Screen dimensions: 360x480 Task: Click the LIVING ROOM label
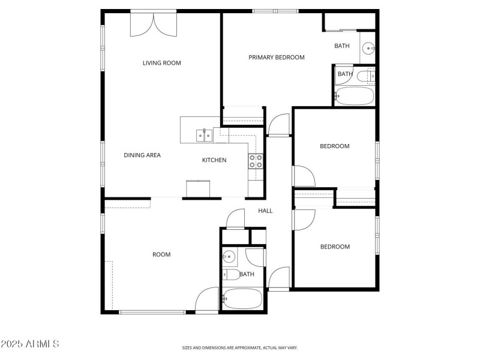click(x=161, y=63)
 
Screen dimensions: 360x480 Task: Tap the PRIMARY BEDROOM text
click(x=277, y=58)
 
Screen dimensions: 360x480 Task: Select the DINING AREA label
click(x=142, y=155)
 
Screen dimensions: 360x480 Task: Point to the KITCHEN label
click(x=214, y=160)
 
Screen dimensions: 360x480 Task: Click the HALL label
click(x=265, y=211)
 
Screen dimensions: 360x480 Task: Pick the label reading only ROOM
click(x=161, y=254)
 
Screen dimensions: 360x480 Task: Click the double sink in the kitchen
click(x=204, y=136)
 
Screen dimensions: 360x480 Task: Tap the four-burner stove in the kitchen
click(x=256, y=160)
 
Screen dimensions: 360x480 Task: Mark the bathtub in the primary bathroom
click(x=354, y=96)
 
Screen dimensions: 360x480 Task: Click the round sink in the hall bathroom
click(x=229, y=257)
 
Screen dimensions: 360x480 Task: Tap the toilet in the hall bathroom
click(x=231, y=275)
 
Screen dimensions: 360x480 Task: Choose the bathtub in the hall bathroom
click(x=242, y=298)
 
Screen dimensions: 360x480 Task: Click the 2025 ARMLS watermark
click(x=30, y=344)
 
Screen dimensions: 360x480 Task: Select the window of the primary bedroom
click(x=275, y=11)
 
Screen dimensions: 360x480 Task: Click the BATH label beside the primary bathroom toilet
click(x=345, y=74)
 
